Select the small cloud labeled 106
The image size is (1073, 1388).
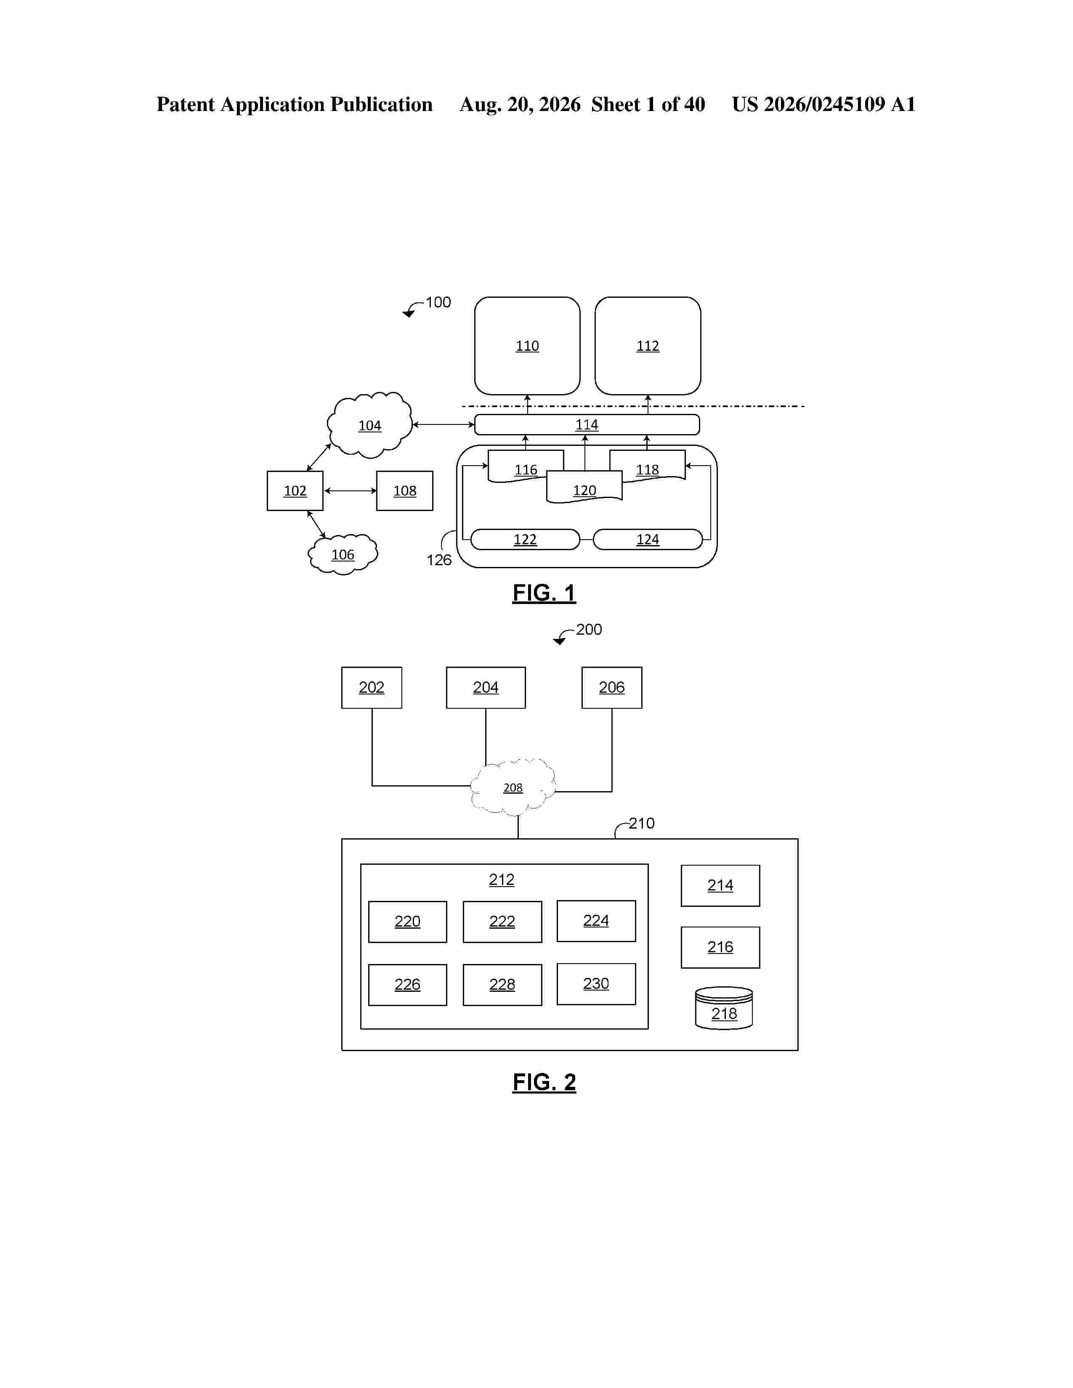[x=343, y=555]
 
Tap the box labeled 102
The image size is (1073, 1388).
[x=295, y=490]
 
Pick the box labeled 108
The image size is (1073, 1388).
[x=404, y=490]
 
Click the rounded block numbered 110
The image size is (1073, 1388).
[x=527, y=346]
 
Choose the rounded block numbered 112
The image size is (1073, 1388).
[x=648, y=346]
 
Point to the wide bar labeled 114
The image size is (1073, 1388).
[x=587, y=424]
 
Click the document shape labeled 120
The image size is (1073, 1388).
[x=584, y=487]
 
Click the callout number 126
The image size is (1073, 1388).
[x=438, y=560]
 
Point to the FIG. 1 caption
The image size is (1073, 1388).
[x=544, y=593]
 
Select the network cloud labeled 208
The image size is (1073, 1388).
[x=513, y=787]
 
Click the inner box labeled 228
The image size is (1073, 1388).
[x=502, y=985]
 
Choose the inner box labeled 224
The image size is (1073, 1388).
[x=596, y=921]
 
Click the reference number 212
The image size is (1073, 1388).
[x=502, y=879]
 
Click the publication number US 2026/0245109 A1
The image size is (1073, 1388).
[x=824, y=104]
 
